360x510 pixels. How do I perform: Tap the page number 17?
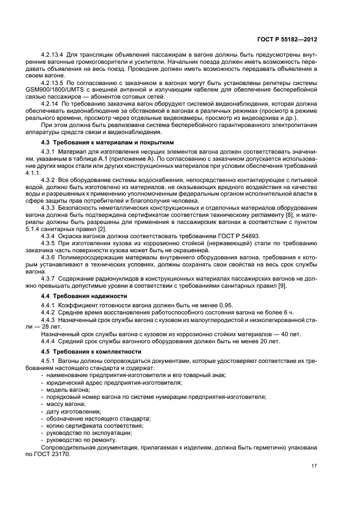(x=314, y=465)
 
